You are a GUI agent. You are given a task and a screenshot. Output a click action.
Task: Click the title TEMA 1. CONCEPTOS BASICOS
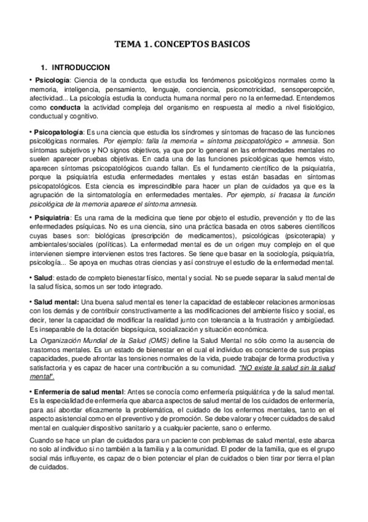coord(184,44)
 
